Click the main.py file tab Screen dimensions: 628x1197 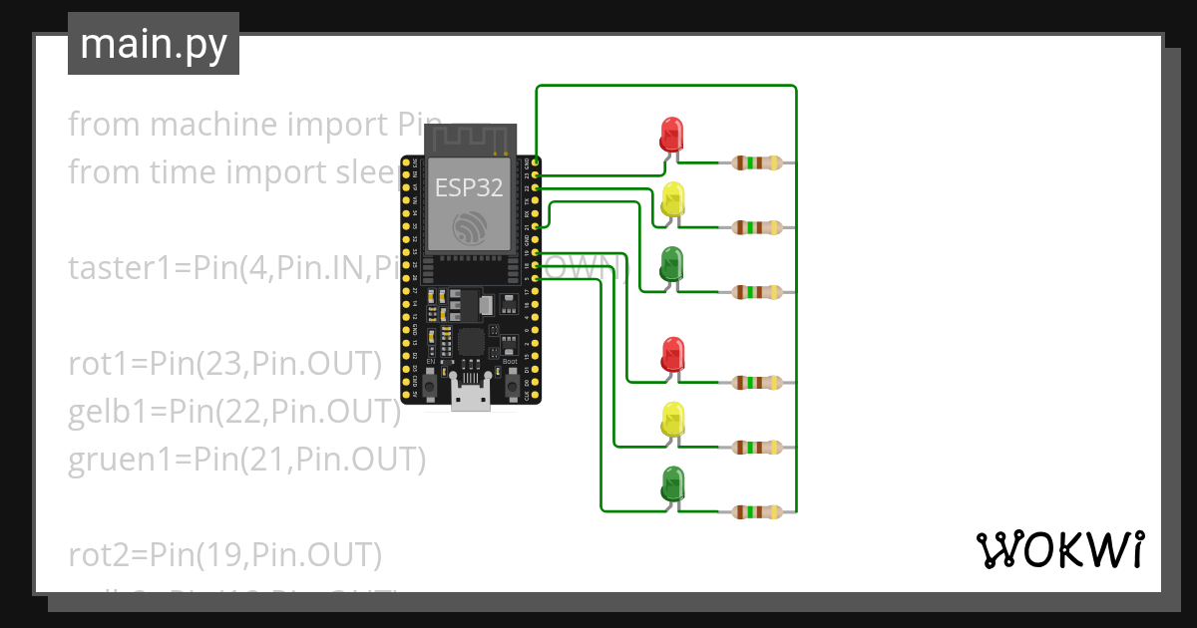coord(153,44)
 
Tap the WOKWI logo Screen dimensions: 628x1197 coord(1058,549)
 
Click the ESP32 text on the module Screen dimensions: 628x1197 coord(469,187)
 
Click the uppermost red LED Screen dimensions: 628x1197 coord(671,134)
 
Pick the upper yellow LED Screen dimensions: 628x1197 coord(672,198)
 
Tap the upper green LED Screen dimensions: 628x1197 coord(672,263)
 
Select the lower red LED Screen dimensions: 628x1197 coord(672,354)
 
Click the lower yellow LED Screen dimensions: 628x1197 coord(672,420)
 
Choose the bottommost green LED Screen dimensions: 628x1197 coord(672,483)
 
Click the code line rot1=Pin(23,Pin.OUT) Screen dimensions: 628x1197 coord(225,365)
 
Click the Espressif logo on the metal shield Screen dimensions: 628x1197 coord(469,228)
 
